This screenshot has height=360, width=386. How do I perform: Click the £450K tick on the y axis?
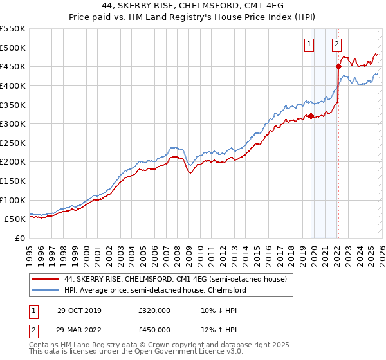coord(13,66)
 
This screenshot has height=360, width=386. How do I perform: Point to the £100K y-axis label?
coord(13,200)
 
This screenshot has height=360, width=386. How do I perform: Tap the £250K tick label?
coord(13,143)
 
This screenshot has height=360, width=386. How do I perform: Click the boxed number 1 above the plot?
coord(310,44)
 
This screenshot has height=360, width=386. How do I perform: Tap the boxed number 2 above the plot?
coord(336,44)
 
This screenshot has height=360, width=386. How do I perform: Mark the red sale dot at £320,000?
coord(311,116)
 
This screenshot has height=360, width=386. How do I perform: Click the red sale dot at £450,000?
coord(338,66)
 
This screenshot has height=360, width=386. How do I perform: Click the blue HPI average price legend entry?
coord(155,290)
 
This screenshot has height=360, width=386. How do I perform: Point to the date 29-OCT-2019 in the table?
coord(78,311)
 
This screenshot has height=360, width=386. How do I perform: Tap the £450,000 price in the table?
coord(154,330)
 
